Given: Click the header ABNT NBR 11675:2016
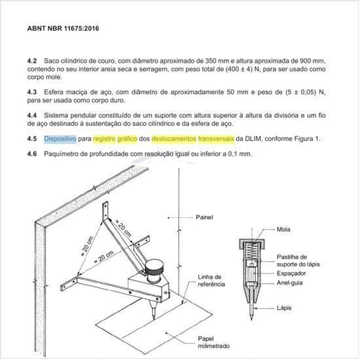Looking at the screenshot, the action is pos(63,28).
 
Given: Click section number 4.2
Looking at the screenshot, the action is pos(32,61).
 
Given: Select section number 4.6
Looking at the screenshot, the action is pos(32,154).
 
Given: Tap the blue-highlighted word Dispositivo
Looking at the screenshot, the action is pos(60,139).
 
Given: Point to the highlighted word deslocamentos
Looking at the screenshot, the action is pos(174,139).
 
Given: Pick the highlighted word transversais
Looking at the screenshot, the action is pos(216,139).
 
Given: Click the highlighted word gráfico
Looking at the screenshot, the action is pos(127,139).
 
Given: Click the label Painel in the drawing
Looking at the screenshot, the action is pos(204,217).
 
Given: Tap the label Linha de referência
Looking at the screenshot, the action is pos(211,281).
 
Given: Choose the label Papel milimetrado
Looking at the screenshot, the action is pos(214,342).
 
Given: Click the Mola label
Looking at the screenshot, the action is pos(283,229).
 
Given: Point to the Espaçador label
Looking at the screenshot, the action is pos(291,274).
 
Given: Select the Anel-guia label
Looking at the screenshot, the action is pos(289,283).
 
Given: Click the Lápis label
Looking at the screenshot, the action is pos(284,308).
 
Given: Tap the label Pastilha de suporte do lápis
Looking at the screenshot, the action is pos(298,261).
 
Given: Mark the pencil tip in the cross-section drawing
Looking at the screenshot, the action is pos(251,319).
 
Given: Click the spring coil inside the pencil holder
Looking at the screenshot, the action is pos(252,251).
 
